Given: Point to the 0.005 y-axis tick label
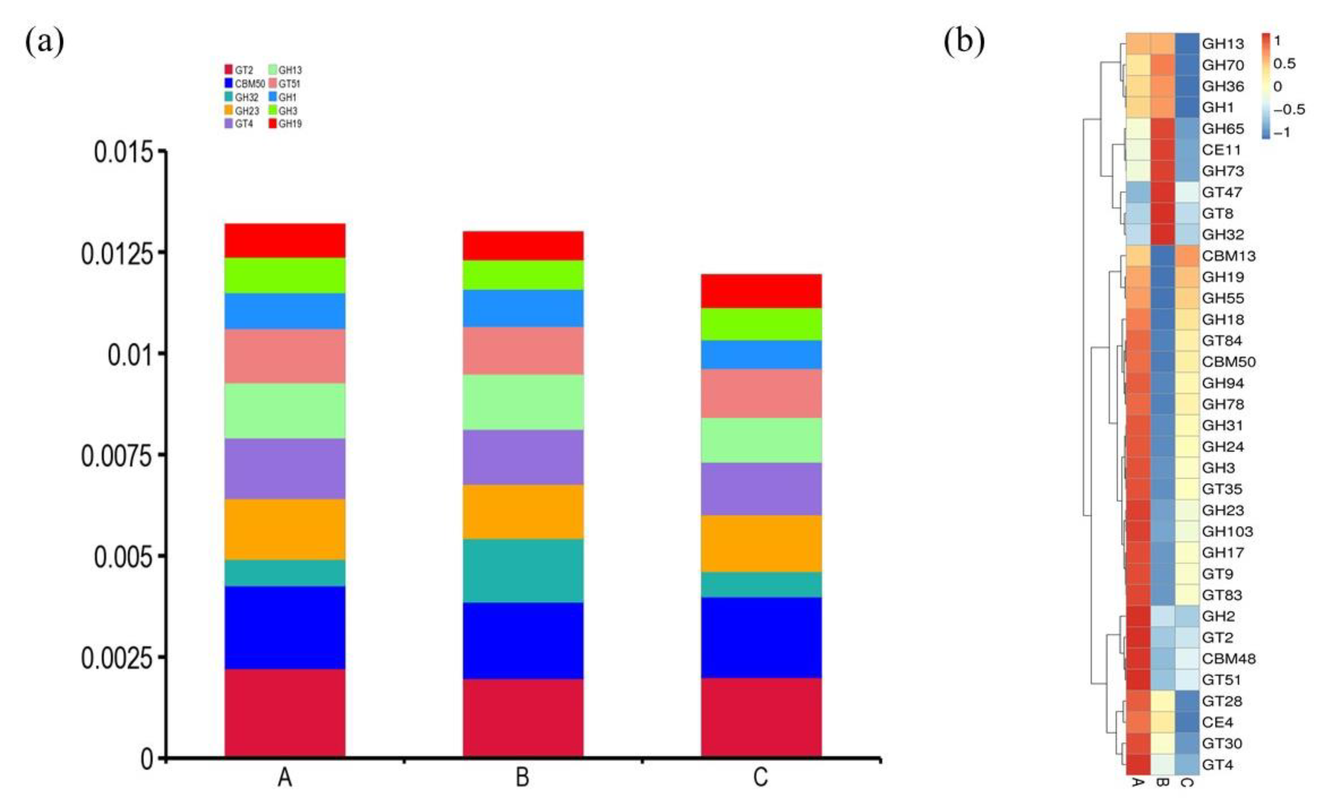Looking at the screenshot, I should pos(123,556).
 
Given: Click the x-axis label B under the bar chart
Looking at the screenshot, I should pos(522,778).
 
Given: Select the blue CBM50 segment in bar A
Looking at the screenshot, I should pos(284,628).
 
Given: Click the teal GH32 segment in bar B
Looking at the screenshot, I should pos(523,571).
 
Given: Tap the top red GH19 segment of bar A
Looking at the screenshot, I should pos(284,240).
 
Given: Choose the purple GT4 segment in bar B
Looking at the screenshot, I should pos(523,457).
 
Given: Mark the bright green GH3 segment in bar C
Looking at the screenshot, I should pos(761,324).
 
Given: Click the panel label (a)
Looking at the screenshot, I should pos(45,41).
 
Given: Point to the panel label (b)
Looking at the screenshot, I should pos(965,41).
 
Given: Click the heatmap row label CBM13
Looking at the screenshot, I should pos(1229,256).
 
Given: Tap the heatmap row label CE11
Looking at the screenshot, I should pos(1221,150).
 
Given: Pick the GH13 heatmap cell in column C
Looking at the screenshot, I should pos(1187,44).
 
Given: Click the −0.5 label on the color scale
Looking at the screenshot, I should pos(1289,110).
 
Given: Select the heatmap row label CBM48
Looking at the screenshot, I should pos(1229,659).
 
